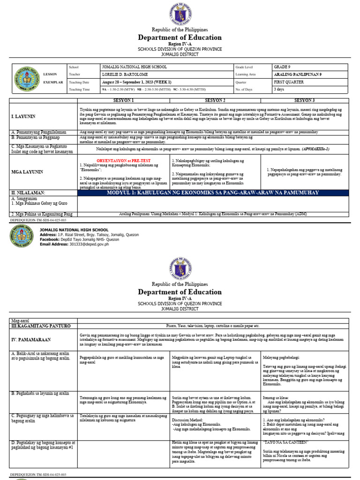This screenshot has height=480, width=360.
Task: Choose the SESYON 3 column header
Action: click(x=304, y=100)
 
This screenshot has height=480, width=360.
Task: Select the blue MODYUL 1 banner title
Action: click(x=212, y=193)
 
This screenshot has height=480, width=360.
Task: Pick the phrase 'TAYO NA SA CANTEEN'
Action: click(x=286, y=442)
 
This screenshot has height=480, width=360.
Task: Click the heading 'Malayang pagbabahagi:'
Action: click(x=283, y=357)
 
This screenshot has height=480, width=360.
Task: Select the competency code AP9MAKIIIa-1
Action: click(x=315, y=149)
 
